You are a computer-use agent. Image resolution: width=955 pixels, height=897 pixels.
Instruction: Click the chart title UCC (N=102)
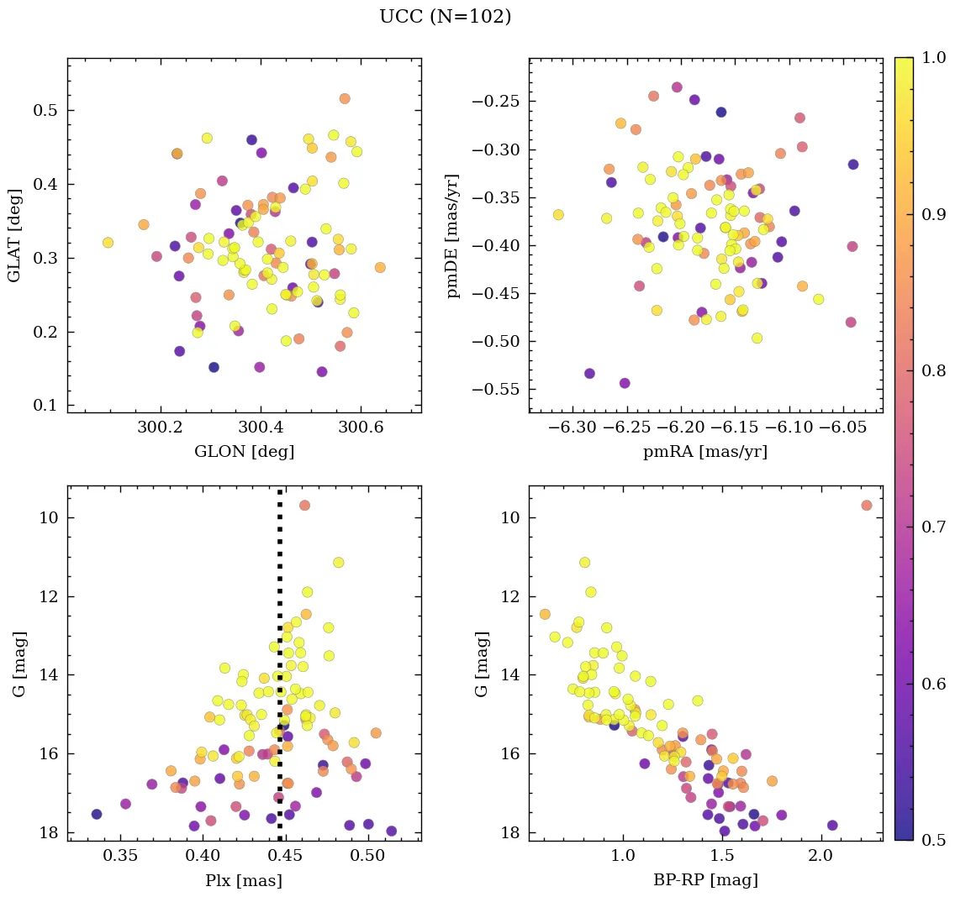pyautogui.click(x=445, y=17)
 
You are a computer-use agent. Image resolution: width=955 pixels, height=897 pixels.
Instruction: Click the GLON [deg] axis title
pyautogui.click(x=244, y=452)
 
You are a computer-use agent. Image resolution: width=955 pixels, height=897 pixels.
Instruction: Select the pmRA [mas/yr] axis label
pyautogui.click(x=705, y=452)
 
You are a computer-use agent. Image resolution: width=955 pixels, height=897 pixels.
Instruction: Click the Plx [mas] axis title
pyautogui.click(x=244, y=880)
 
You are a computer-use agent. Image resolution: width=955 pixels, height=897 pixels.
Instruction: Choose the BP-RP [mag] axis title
pyautogui.click(x=705, y=880)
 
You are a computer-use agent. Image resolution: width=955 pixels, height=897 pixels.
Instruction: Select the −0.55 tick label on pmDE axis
pyautogui.click(x=496, y=390)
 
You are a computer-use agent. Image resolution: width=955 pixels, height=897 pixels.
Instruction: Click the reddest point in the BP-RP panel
pyautogui.click(x=867, y=506)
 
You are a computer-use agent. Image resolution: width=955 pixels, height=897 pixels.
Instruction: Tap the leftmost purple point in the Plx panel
pyautogui.click(x=97, y=814)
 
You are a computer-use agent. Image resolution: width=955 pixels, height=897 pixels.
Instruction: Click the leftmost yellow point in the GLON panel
pyautogui.click(x=108, y=243)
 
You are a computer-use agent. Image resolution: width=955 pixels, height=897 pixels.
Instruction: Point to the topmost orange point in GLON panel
pyautogui.click(x=345, y=99)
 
